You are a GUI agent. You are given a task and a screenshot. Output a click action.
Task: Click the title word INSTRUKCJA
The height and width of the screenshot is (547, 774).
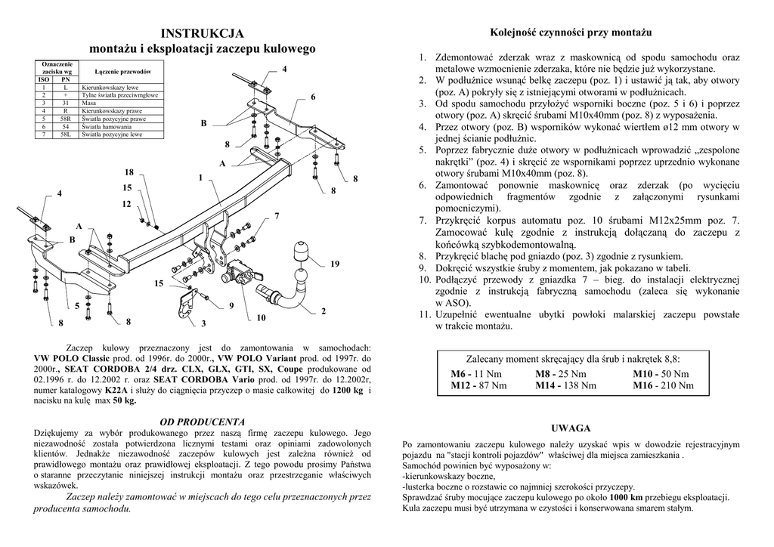202,33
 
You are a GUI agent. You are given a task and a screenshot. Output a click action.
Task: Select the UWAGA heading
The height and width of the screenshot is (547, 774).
571,428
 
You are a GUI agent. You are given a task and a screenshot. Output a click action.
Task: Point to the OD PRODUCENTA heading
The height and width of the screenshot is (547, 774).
202,421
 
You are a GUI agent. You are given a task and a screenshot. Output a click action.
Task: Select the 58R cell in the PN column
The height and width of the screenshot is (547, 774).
66,119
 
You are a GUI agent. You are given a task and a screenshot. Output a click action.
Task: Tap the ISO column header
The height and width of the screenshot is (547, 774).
44,79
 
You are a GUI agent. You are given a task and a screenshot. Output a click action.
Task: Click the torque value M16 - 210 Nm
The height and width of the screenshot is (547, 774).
663,385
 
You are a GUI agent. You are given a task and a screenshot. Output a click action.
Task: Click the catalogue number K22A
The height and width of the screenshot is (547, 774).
116,390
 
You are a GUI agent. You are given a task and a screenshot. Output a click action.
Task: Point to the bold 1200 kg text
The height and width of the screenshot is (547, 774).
347,390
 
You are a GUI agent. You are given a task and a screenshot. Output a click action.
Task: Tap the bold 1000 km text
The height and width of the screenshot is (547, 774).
626,497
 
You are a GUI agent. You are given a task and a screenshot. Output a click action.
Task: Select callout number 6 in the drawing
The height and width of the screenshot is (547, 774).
313,97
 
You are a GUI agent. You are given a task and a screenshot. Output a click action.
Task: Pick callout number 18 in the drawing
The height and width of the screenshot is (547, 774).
129,172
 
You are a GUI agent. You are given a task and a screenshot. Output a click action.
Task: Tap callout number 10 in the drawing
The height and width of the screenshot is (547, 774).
261,318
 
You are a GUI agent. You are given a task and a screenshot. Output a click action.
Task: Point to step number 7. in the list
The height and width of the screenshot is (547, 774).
423,220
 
